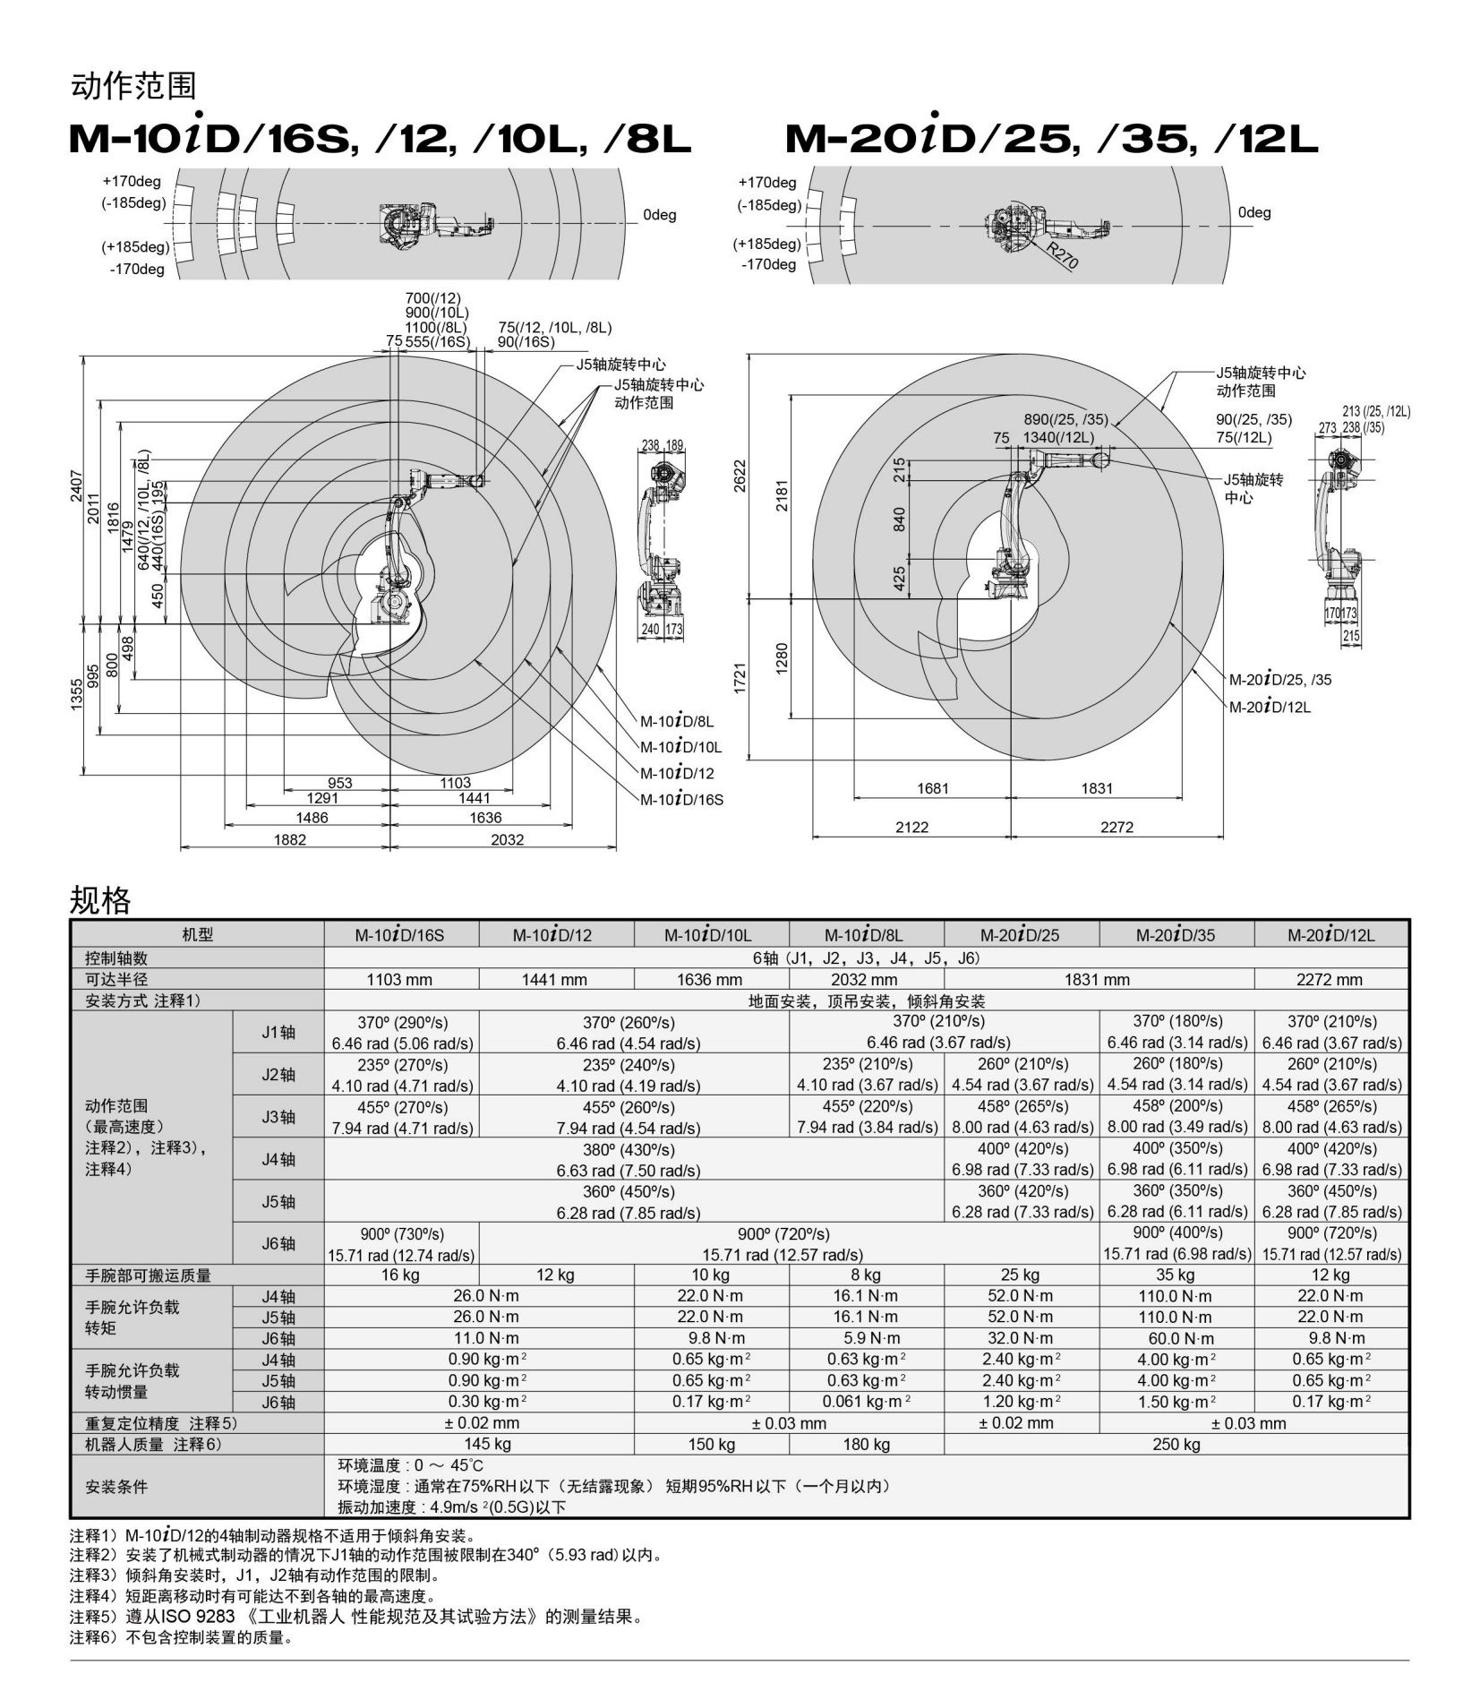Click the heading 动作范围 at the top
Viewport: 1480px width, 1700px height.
(133, 86)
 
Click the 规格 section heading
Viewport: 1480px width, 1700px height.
(100, 900)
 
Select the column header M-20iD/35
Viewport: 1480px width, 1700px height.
(1176, 935)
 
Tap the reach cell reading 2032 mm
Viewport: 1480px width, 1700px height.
(865, 980)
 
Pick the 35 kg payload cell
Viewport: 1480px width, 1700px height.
(1176, 1275)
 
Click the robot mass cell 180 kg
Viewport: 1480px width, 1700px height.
(865, 1444)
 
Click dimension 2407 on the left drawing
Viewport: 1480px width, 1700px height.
(77, 485)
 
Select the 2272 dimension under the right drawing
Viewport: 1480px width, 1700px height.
(1116, 827)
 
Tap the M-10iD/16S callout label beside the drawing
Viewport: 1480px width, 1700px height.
(680, 800)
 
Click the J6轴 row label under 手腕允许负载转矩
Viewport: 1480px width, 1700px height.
(278, 1339)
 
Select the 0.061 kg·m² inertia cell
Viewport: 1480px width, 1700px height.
(865, 1402)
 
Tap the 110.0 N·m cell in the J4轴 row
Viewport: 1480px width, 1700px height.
(1176, 1296)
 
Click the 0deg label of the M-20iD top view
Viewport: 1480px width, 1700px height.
(1253, 212)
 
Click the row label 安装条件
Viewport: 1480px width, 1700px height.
(116, 1486)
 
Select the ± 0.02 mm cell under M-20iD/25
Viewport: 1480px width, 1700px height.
(1020, 1423)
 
